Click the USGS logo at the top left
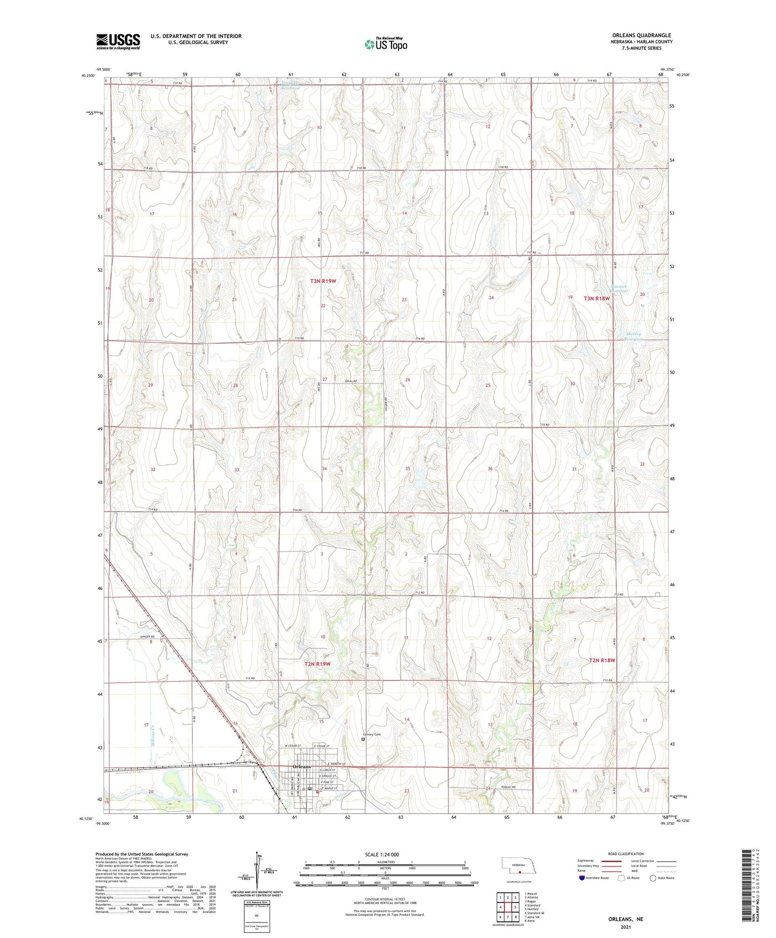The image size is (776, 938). [x=118, y=41]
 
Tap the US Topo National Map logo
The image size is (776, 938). [x=385, y=44]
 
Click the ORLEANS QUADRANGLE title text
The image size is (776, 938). [x=641, y=35]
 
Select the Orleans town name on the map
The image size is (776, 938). [x=301, y=767]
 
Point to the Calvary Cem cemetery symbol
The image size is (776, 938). [x=362, y=739]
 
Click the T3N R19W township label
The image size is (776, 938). [x=323, y=281]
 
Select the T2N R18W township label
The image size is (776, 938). [x=601, y=660]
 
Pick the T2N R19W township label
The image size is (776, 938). [x=317, y=664]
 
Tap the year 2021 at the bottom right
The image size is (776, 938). [x=626, y=927]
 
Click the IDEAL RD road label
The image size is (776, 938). [x=351, y=381]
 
